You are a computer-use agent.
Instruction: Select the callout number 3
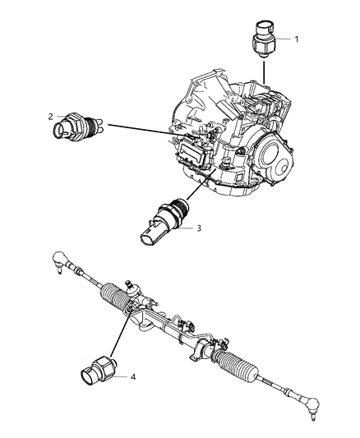point(197,228)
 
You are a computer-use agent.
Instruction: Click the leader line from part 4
point(115,337)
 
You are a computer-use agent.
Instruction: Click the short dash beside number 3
point(187,228)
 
